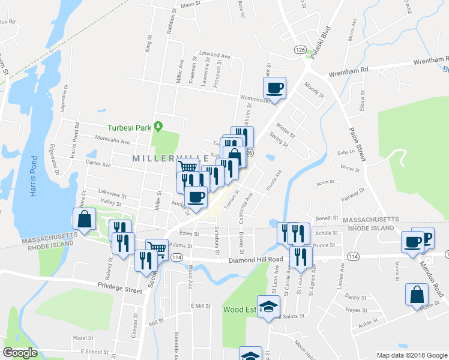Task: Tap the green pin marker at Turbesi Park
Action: (x=158, y=126)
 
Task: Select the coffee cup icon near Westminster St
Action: (x=275, y=88)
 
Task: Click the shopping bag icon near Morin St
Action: (x=417, y=295)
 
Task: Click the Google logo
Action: (x=20, y=353)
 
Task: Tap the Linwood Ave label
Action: (x=215, y=56)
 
